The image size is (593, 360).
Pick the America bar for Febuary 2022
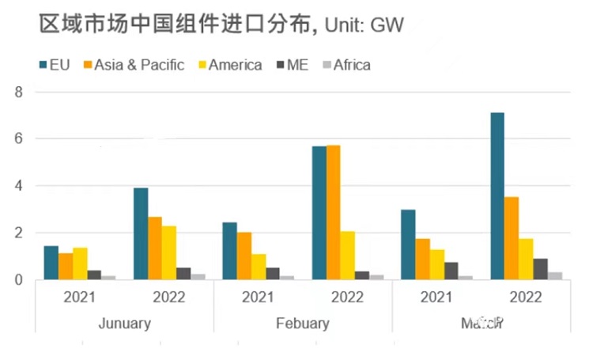click(349, 255)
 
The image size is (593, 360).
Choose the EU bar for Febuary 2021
click(229, 251)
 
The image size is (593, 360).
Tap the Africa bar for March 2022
click(556, 275)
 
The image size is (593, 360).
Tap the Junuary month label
click(125, 324)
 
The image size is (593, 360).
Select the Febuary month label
click(303, 324)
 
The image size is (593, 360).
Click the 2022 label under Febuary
click(348, 297)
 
